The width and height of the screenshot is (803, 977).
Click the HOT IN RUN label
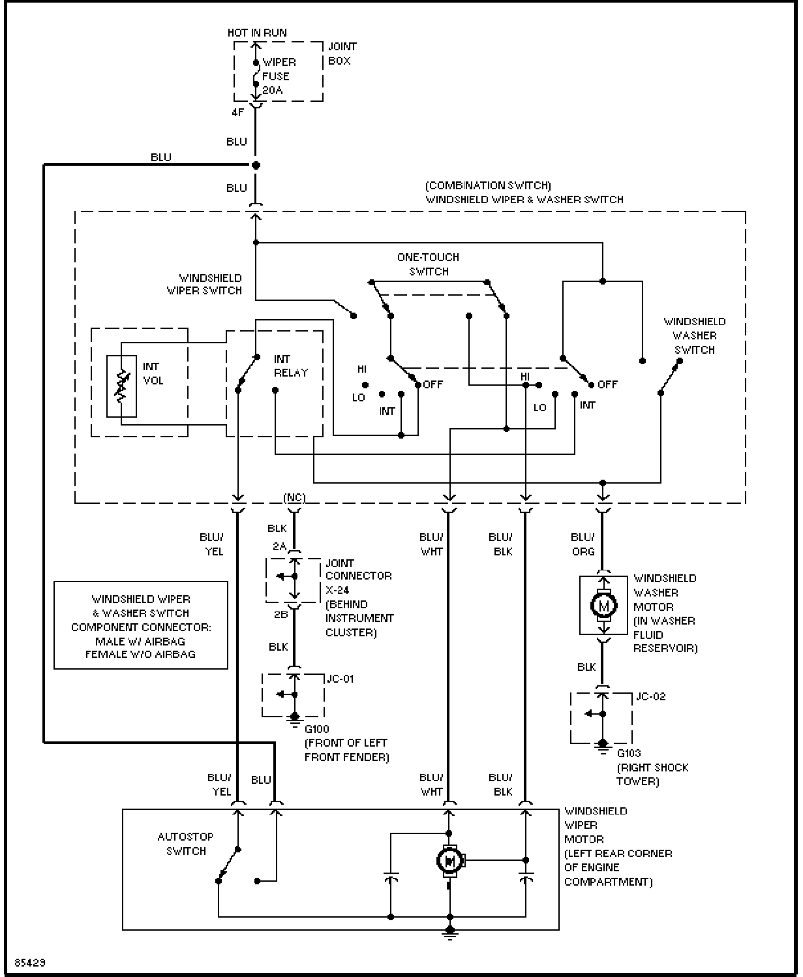pos(257,33)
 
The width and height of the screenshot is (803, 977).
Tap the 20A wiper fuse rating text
pos(272,90)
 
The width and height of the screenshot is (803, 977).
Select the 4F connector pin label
pos(237,112)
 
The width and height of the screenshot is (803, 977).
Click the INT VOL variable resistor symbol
pos(121,386)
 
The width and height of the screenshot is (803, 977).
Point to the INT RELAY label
pos(290,366)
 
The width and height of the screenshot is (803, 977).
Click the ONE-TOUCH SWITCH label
pos(428,264)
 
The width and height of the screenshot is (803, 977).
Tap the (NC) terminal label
pos(295,497)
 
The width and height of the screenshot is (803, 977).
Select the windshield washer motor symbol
pos(603,605)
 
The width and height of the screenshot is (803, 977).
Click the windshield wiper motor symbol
pos(449,861)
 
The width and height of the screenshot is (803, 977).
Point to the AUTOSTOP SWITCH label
pos(185,844)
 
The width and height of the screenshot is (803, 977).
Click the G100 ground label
pos(317,729)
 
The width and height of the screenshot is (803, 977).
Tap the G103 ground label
pos(629,753)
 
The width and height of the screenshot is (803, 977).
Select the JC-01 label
pos(341,679)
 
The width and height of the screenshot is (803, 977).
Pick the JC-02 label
pos(650,696)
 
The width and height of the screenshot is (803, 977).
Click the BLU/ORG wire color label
pos(583,544)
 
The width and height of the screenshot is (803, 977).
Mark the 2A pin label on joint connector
pos(280,546)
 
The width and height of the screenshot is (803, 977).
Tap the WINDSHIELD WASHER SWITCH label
pos(695,336)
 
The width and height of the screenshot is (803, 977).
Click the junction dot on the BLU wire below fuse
pos(256,165)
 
